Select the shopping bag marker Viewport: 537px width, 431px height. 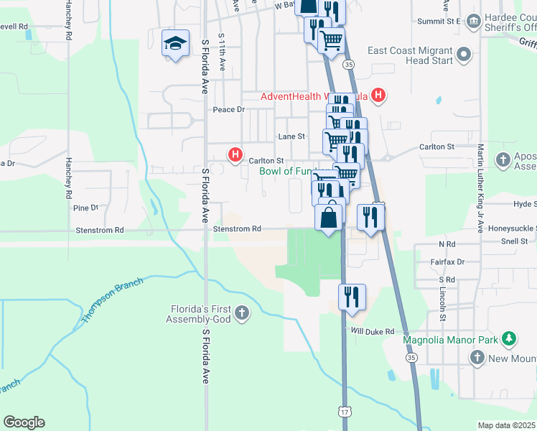[329, 218]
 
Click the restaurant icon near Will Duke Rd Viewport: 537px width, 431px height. [352, 296]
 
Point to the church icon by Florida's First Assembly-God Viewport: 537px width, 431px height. [241, 312]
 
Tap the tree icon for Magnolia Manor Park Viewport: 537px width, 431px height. [509, 338]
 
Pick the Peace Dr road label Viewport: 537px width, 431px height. [229, 110]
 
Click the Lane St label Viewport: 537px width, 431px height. [291, 136]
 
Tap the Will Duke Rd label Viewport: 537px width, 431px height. [373, 331]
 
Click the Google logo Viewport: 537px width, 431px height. [24, 422]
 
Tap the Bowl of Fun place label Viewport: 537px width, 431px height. [287, 171]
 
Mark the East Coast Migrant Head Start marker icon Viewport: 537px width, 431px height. [464, 54]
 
